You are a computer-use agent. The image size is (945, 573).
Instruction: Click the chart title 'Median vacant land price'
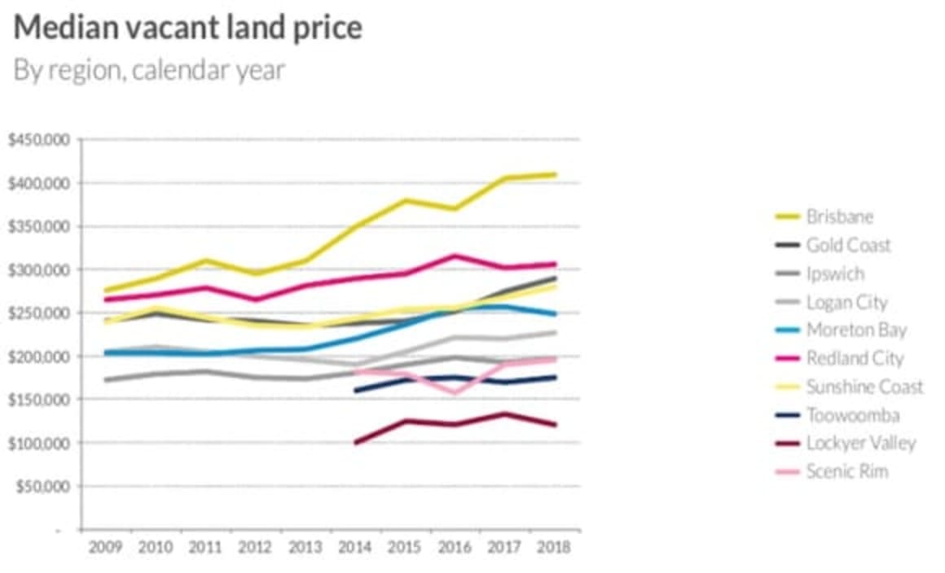coord(188,28)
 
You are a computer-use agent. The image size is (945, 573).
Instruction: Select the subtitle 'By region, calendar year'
coord(149,70)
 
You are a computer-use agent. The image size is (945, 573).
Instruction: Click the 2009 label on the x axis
coord(105,546)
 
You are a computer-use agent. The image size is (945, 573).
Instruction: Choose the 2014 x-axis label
coord(354,546)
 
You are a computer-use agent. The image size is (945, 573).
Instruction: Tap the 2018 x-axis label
coord(554,546)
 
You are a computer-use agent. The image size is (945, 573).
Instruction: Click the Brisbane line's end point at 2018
coord(555,174)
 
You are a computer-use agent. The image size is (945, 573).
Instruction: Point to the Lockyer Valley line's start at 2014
coord(355,443)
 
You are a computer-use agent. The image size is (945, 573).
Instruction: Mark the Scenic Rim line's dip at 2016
coord(455,392)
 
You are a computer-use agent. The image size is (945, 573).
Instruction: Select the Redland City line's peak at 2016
coord(455,256)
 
